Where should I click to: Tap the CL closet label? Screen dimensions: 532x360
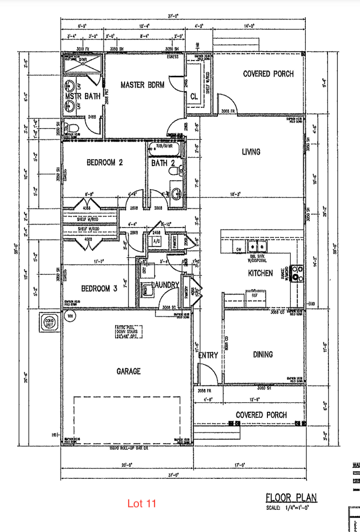193,97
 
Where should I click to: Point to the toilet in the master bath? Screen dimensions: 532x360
73,129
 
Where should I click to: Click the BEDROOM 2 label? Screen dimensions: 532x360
105,162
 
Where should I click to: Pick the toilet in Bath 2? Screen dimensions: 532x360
173,171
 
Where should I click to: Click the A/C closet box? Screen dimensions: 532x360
157,241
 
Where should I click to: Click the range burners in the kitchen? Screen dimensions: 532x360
297,273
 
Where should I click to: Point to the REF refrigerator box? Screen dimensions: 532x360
255,296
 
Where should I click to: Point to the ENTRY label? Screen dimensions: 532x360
208,355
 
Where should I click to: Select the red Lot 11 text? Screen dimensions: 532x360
141,503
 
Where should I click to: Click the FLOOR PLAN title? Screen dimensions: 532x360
291,497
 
